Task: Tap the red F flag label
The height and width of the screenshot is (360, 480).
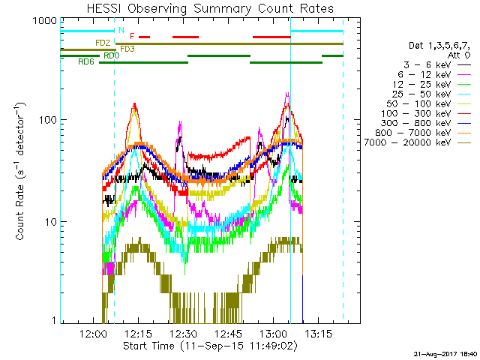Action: pos(133,36)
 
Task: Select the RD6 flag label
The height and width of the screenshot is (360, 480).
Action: pos(86,62)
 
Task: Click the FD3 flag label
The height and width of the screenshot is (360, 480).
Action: pos(127,49)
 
